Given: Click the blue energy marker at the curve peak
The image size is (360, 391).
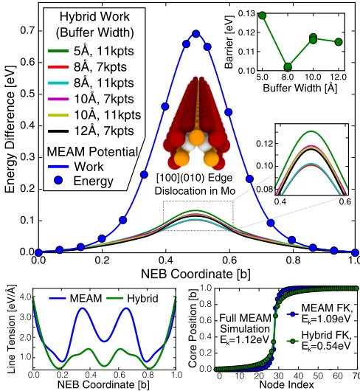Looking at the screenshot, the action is coord(196,34).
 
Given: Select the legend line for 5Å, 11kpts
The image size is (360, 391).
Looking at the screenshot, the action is coord(58,51).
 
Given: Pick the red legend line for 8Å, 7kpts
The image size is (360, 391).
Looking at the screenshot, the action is coord(58,67).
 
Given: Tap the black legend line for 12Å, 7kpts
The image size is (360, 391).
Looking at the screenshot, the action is coord(58,131).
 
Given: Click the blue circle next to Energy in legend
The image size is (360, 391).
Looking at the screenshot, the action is coord(58,181).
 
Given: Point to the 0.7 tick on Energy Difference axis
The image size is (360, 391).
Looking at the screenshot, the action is coord(27,31).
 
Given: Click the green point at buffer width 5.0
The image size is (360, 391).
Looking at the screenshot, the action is coord(263,15).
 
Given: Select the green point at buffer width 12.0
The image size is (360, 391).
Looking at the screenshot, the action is coord(339,42).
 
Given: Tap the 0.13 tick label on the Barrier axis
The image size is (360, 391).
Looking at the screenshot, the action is coord(246,13).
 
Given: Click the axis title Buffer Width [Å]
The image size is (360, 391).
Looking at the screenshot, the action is coord(300,88).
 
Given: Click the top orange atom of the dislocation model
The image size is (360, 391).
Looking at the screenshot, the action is coord(197,137).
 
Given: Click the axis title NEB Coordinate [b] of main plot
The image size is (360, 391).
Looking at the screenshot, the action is coord(195,274).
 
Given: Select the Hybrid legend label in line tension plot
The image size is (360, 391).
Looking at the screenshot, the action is coord(142,299).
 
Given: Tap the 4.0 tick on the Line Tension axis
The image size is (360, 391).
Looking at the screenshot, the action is coord(26,297).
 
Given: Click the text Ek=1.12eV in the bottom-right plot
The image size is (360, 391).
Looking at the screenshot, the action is coord(245,339).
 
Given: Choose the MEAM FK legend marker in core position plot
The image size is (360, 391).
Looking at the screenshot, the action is coord(293,314).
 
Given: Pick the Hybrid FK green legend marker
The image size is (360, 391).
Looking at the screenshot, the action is coord(293,341).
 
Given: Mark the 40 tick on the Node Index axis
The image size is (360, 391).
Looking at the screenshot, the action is coord(299,376).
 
